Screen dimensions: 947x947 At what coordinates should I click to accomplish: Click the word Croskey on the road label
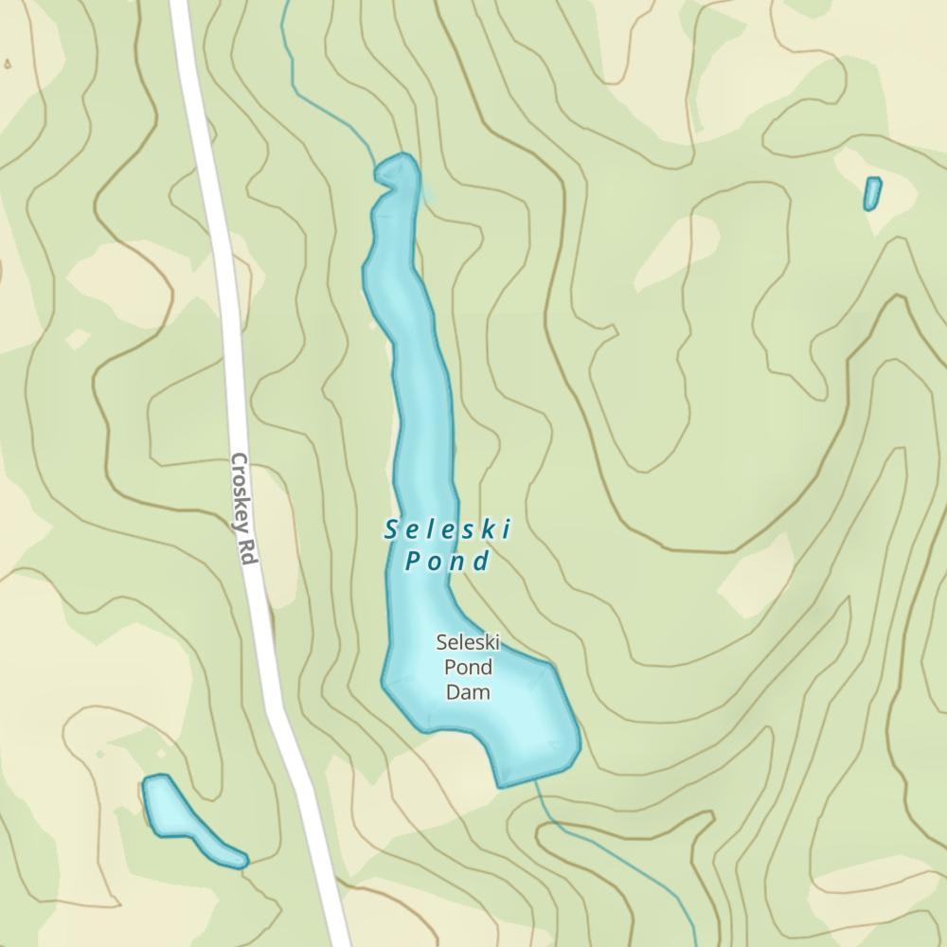click(x=241, y=493)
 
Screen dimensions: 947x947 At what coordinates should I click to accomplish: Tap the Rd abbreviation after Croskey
click(x=249, y=554)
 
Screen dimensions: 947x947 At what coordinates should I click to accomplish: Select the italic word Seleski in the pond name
click(x=448, y=530)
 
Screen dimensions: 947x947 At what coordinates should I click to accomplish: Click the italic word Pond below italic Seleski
click(x=448, y=562)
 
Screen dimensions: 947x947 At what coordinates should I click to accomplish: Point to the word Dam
click(x=468, y=692)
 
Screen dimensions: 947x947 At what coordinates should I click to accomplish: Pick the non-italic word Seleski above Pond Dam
click(x=468, y=643)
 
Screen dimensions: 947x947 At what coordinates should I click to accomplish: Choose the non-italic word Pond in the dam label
click(x=468, y=668)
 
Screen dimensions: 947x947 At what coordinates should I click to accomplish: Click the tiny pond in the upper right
click(x=872, y=193)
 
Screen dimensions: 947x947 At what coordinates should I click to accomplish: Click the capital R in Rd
click(x=248, y=547)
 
